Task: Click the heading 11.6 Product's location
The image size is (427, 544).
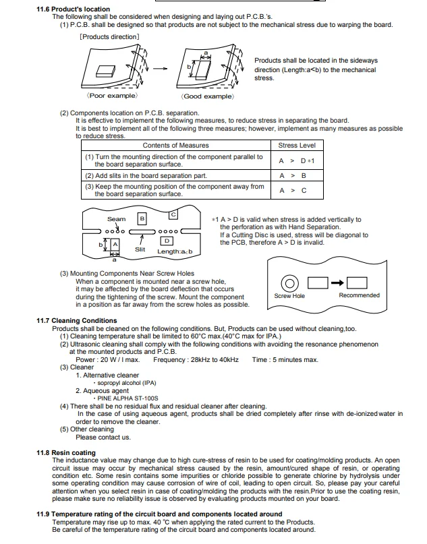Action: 73,9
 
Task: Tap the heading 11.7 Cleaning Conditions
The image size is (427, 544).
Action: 76,320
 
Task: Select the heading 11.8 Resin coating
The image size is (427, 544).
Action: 65,452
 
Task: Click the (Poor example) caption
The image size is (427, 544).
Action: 112,96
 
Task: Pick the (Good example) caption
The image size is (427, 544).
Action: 208,96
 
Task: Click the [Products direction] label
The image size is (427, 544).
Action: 110,36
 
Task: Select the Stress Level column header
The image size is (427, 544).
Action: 297,146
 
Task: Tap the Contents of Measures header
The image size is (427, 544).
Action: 175,146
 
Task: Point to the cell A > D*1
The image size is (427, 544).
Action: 297,161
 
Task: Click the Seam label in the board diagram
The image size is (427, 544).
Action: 117,219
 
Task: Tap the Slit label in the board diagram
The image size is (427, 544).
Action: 140,249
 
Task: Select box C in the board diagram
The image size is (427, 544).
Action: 173,214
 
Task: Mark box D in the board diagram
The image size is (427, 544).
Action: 166,241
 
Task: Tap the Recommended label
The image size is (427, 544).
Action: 359,295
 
